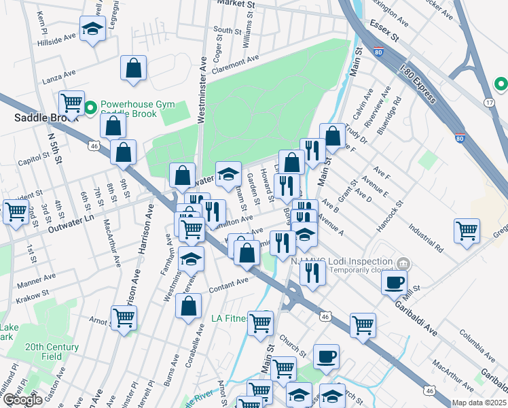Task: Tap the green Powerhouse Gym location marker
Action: point(91,107)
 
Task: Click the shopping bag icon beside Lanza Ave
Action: point(133,68)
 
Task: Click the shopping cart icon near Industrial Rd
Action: point(467,231)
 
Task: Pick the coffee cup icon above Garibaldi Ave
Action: point(394,282)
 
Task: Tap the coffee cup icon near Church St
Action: point(326,356)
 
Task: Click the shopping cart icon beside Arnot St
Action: point(124,317)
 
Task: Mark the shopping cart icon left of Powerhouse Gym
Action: point(71,103)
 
